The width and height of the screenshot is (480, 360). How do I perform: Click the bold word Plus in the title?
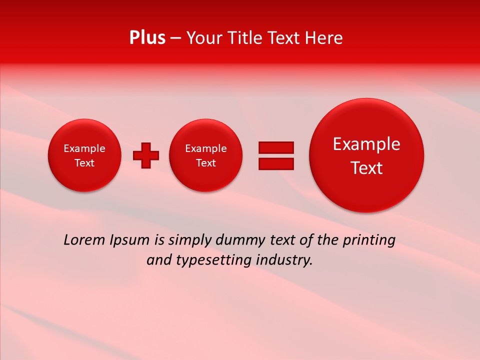[x=147, y=38]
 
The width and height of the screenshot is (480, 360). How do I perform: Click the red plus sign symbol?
[x=146, y=155]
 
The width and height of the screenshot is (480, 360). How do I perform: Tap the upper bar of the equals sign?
[x=276, y=147]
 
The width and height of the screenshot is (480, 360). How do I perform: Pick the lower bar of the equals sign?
[x=276, y=163]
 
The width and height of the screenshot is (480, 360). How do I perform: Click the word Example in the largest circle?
[x=366, y=144]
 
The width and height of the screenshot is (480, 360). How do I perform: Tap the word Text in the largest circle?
[x=366, y=168]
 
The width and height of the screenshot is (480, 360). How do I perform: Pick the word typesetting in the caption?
[x=212, y=260]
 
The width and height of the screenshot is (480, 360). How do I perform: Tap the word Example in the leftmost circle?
[x=84, y=148]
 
